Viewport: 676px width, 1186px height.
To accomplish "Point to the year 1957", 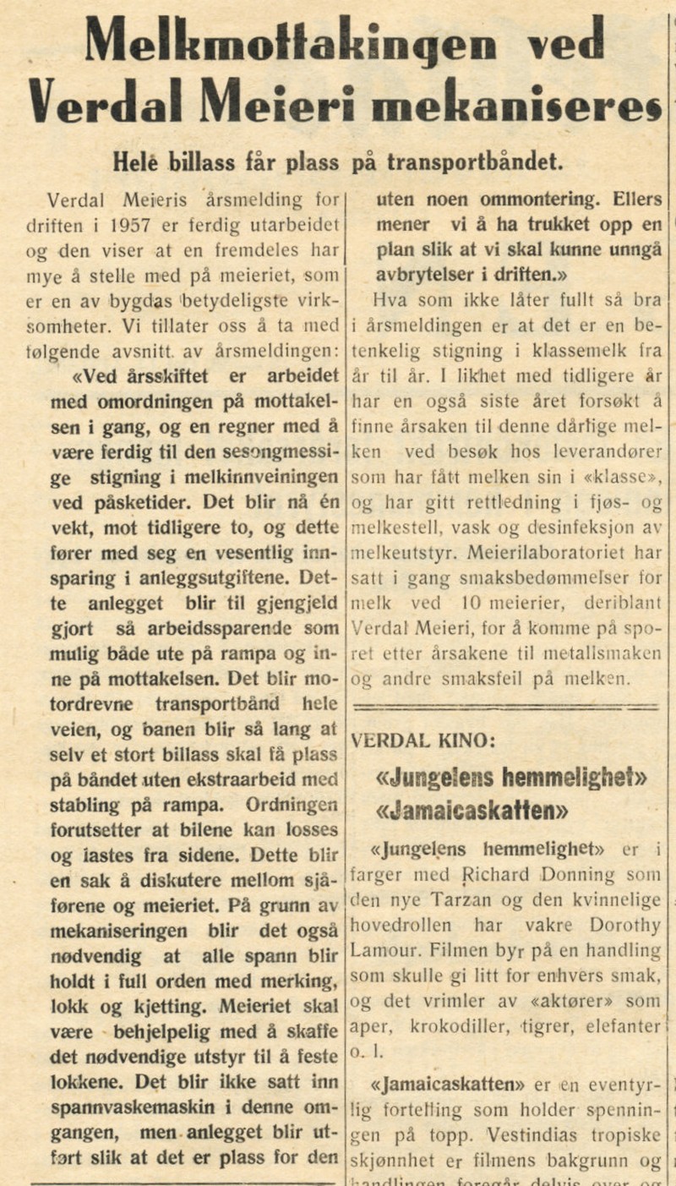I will [x=144, y=226].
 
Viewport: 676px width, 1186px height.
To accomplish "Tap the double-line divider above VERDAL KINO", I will [x=506, y=703].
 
